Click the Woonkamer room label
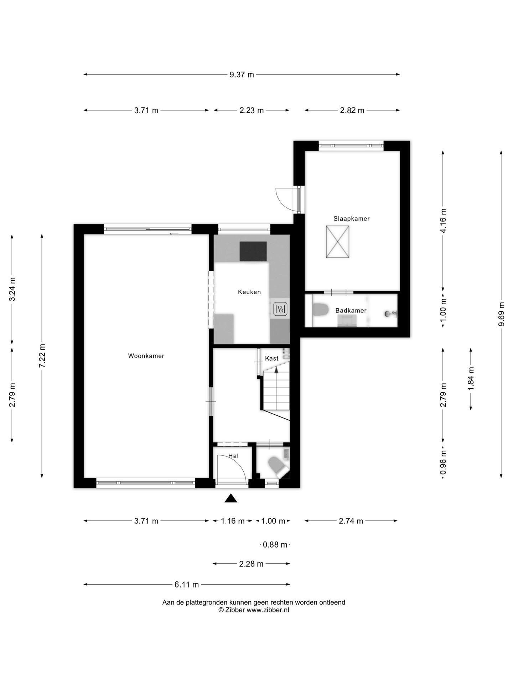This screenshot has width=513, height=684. point(146,356)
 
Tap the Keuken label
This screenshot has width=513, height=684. point(249,292)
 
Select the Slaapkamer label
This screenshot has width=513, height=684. point(351,219)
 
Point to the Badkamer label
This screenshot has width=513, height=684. point(351,310)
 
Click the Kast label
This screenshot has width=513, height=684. point(271,358)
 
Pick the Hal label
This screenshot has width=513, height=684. point(233,456)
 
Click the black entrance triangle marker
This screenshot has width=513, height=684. point(231,498)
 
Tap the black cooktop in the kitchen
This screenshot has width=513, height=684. point(253,251)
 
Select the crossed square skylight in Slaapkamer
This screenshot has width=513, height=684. point(337,242)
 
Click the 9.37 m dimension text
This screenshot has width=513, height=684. point(242,75)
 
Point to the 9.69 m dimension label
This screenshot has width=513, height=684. point(502,314)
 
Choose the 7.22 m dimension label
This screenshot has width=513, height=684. point(42,356)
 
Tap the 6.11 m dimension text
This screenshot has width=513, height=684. point(187,585)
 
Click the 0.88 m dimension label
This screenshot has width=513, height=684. point(275,545)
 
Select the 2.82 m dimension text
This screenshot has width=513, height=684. point(352,110)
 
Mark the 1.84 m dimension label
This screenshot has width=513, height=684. point(471,378)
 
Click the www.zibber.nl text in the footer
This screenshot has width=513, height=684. point(268,610)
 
